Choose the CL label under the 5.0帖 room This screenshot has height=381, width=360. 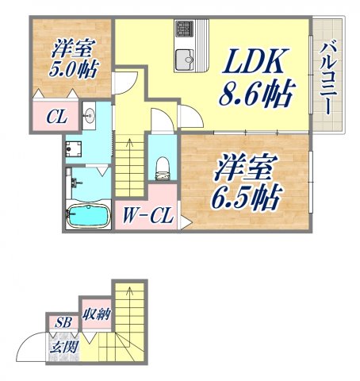(x=55, y=119)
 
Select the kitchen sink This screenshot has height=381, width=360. (x=186, y=59)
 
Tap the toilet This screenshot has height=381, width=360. (x=163, y=167)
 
